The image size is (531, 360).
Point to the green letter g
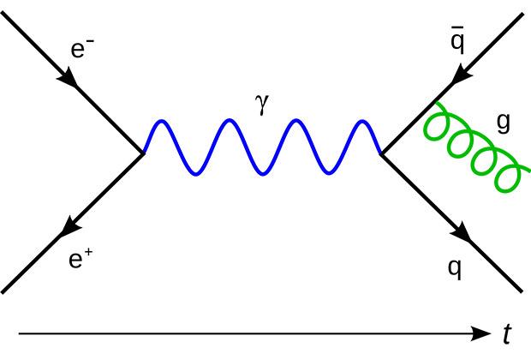(502, 123)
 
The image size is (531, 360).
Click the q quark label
(455, 268)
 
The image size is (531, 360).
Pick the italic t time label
(508, 334)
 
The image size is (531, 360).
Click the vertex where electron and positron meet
(142, 154)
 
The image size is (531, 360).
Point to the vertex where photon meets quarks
(380, 154)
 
